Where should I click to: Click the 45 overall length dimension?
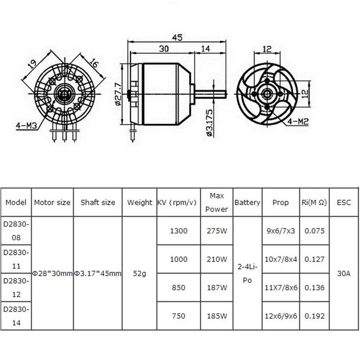(x=177, y=37)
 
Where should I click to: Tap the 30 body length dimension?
(x=164, y=49)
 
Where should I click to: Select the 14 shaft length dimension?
(x=205, y=49)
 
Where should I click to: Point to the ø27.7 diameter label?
(x=118, y=94)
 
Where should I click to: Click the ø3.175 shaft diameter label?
(x=210, y=123)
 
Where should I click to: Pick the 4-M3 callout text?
(x=27, y=126)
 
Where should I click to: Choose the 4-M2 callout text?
(x=298, y=121)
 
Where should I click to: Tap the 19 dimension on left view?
(x=32, y=64)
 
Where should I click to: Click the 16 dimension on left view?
(x=94, y=63)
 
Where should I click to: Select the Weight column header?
(x=139, y=202)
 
